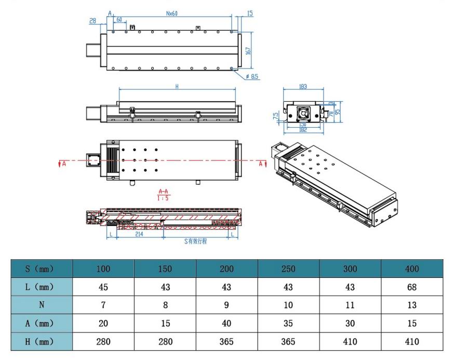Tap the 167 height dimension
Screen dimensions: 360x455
pos(248,50)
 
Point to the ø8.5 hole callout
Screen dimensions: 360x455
pos(253,77)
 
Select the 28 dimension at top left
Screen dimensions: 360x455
pos(93,21)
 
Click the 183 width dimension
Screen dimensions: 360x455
pos(303,87)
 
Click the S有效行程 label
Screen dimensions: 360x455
pos(196,242)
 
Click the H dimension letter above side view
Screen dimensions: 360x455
pos(176,87)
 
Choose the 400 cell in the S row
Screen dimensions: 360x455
pos(411,269)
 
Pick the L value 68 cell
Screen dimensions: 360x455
pos(411,287)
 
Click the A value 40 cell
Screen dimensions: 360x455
pos(226,323)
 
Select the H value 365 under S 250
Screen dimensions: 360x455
pos(288,341)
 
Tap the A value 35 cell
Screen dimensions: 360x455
pos(288,323)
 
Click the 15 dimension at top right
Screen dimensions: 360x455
pos(250,14)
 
